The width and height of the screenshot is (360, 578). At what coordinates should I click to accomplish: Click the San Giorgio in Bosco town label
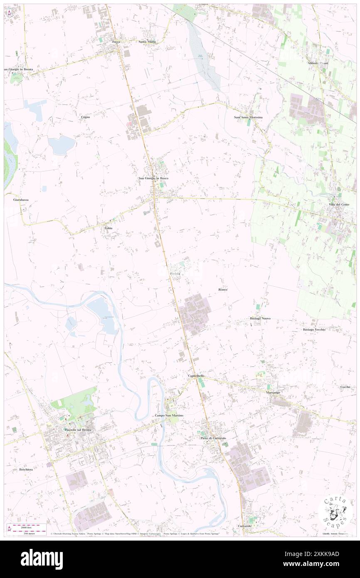click(153, 178)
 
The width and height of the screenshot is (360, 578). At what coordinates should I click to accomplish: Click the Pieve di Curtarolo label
click(213, 438)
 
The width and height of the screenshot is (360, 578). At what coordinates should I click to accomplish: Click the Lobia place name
click(108, 228)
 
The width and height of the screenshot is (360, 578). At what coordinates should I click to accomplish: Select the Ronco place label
click(222, 289)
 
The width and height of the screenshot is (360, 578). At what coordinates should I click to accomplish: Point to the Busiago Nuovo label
click(260, 318)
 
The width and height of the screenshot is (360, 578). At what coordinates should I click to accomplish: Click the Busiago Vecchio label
click(314, 329)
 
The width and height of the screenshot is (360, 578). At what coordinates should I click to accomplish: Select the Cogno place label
click(86, 117)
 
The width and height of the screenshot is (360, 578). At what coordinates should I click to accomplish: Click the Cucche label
click(345, 387)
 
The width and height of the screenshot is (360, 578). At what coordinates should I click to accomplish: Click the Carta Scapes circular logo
click(334, 512)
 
